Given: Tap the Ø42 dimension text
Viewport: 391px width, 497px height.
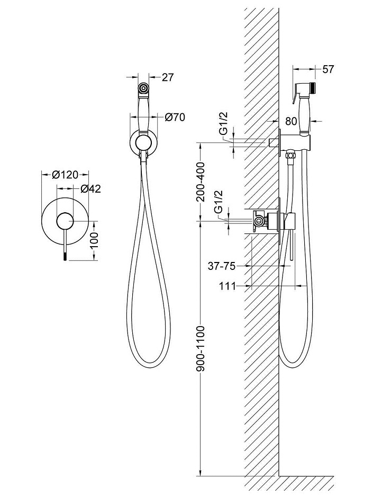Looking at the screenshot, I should (91, 188).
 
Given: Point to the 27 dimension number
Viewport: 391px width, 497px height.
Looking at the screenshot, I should (167, 77).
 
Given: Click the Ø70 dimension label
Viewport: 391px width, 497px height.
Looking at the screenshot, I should (175, 118).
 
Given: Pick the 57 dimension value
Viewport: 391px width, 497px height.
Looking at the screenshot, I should (328, 69).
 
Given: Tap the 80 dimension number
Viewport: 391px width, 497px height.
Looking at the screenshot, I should (291, 121).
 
